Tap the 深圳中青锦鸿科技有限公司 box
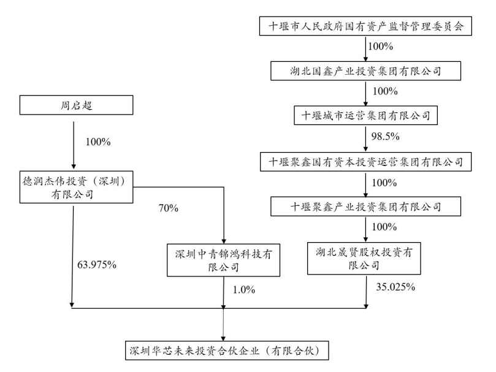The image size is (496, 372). click(223, 259)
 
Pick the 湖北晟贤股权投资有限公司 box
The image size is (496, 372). click(365, 257)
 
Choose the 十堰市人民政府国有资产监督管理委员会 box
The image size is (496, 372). click(365, 26)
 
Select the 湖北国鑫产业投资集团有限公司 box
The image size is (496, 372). click(365, 71)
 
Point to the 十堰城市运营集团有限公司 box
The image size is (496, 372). click(365, 115)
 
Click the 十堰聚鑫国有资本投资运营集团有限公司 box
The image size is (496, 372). click(365, 162)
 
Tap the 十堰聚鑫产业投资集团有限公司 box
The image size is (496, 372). click(365, 207)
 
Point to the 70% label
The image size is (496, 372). click(168, 208)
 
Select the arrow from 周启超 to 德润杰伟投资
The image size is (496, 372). click(73, 144)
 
